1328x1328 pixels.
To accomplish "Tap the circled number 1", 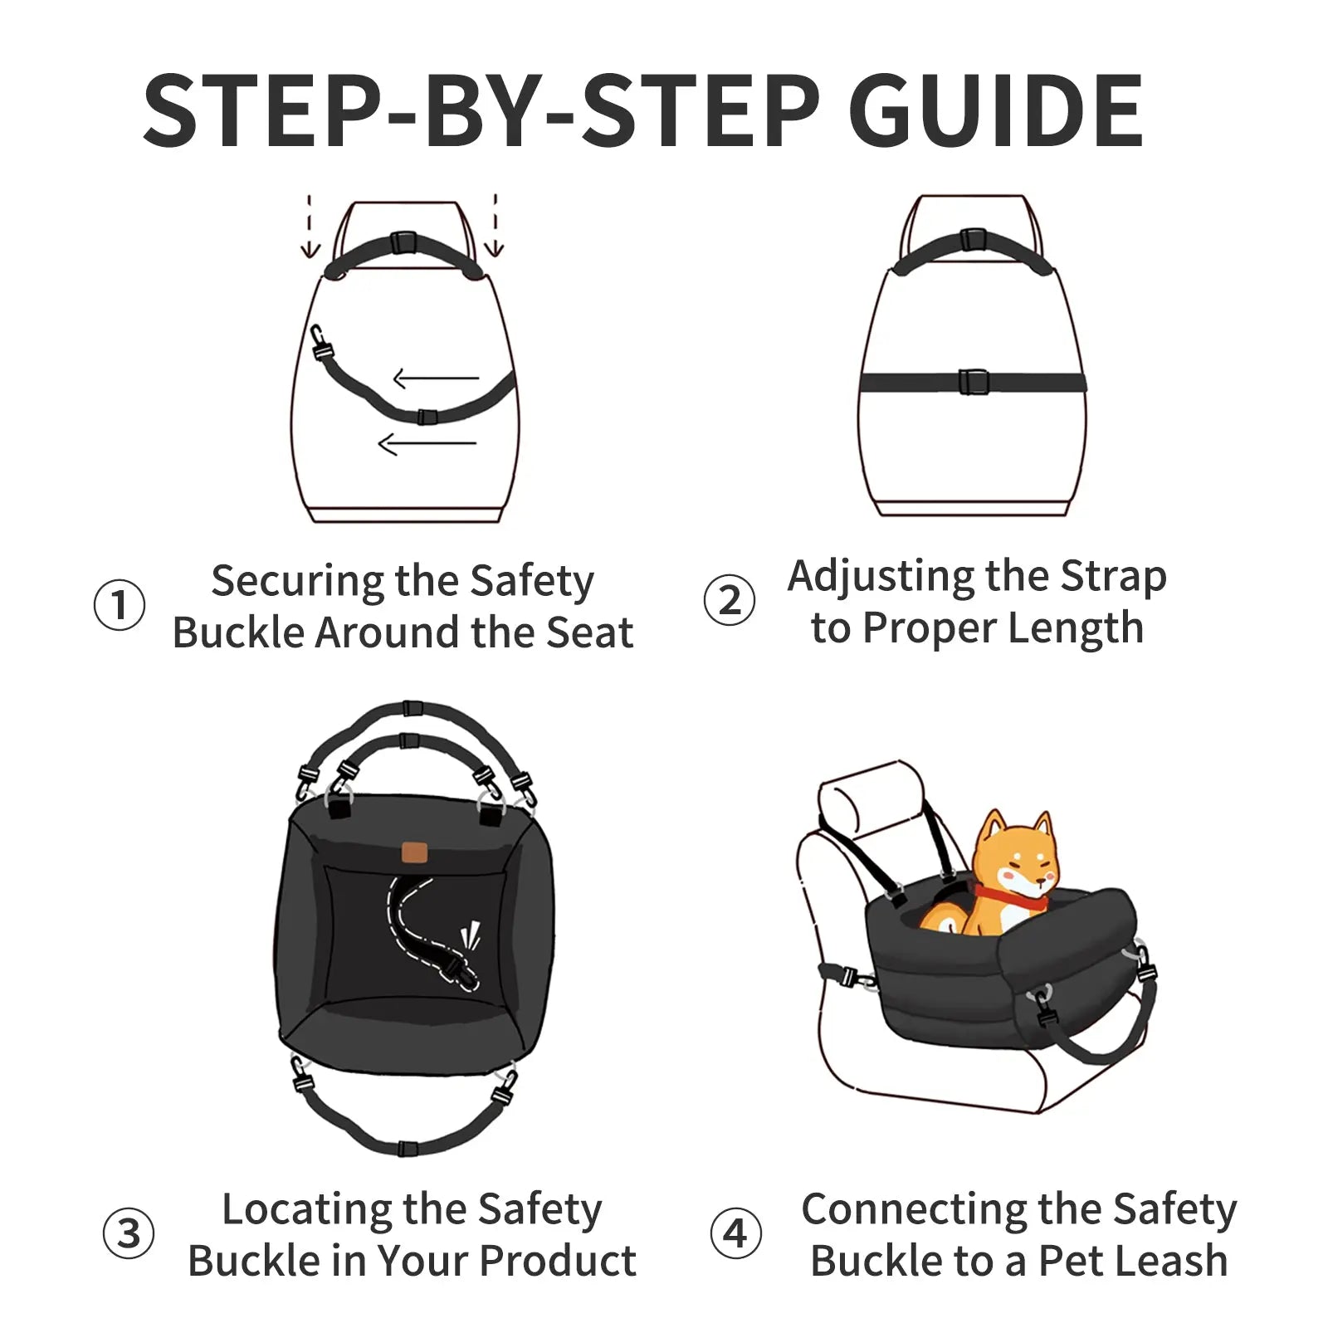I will [120, 605].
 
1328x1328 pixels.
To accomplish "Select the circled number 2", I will [729, 600].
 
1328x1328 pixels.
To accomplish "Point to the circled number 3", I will [128, 1233].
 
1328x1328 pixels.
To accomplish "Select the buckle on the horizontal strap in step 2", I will [973, 382].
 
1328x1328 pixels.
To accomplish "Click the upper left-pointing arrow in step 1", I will [436, 379].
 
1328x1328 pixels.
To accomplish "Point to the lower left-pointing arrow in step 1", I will [427, 444].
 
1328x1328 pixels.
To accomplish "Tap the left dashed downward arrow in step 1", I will [310, 228].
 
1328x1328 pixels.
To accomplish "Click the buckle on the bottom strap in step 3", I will [406, 1149].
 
